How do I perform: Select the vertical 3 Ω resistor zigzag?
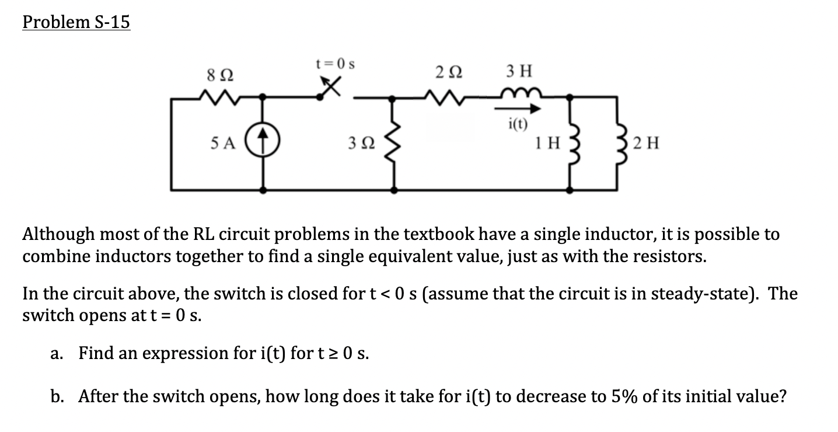(394, 143)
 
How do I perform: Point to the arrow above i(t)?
(519, 109)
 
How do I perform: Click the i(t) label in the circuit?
(518, 123)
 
